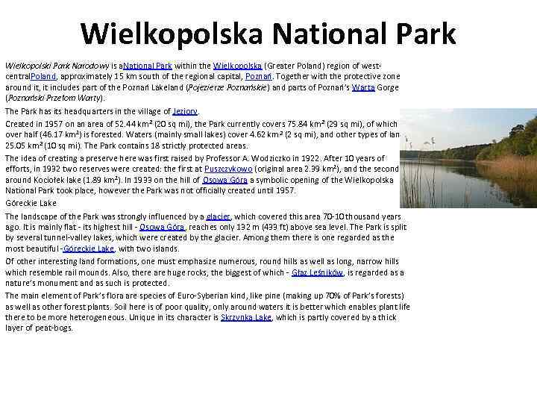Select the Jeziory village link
tap(185, 111)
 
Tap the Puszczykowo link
tap(228, 169)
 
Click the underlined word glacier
tap(218, 216)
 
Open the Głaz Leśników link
tap(317, 273)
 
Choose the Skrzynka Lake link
tap(246, 317)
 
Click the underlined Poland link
tap(45, 77)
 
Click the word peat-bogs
tap(53, 328)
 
